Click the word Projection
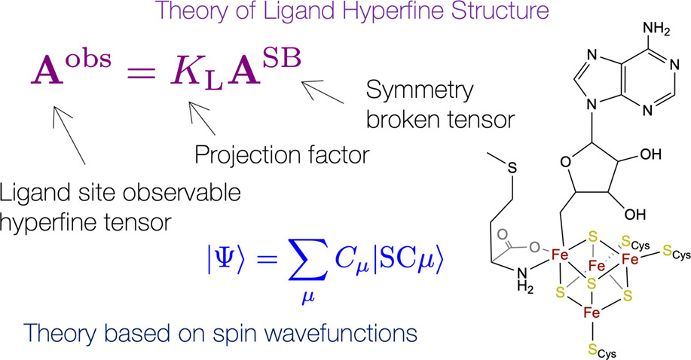click(240, 157)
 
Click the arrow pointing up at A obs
click(71, 131)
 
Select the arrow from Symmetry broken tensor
click(325, 95)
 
